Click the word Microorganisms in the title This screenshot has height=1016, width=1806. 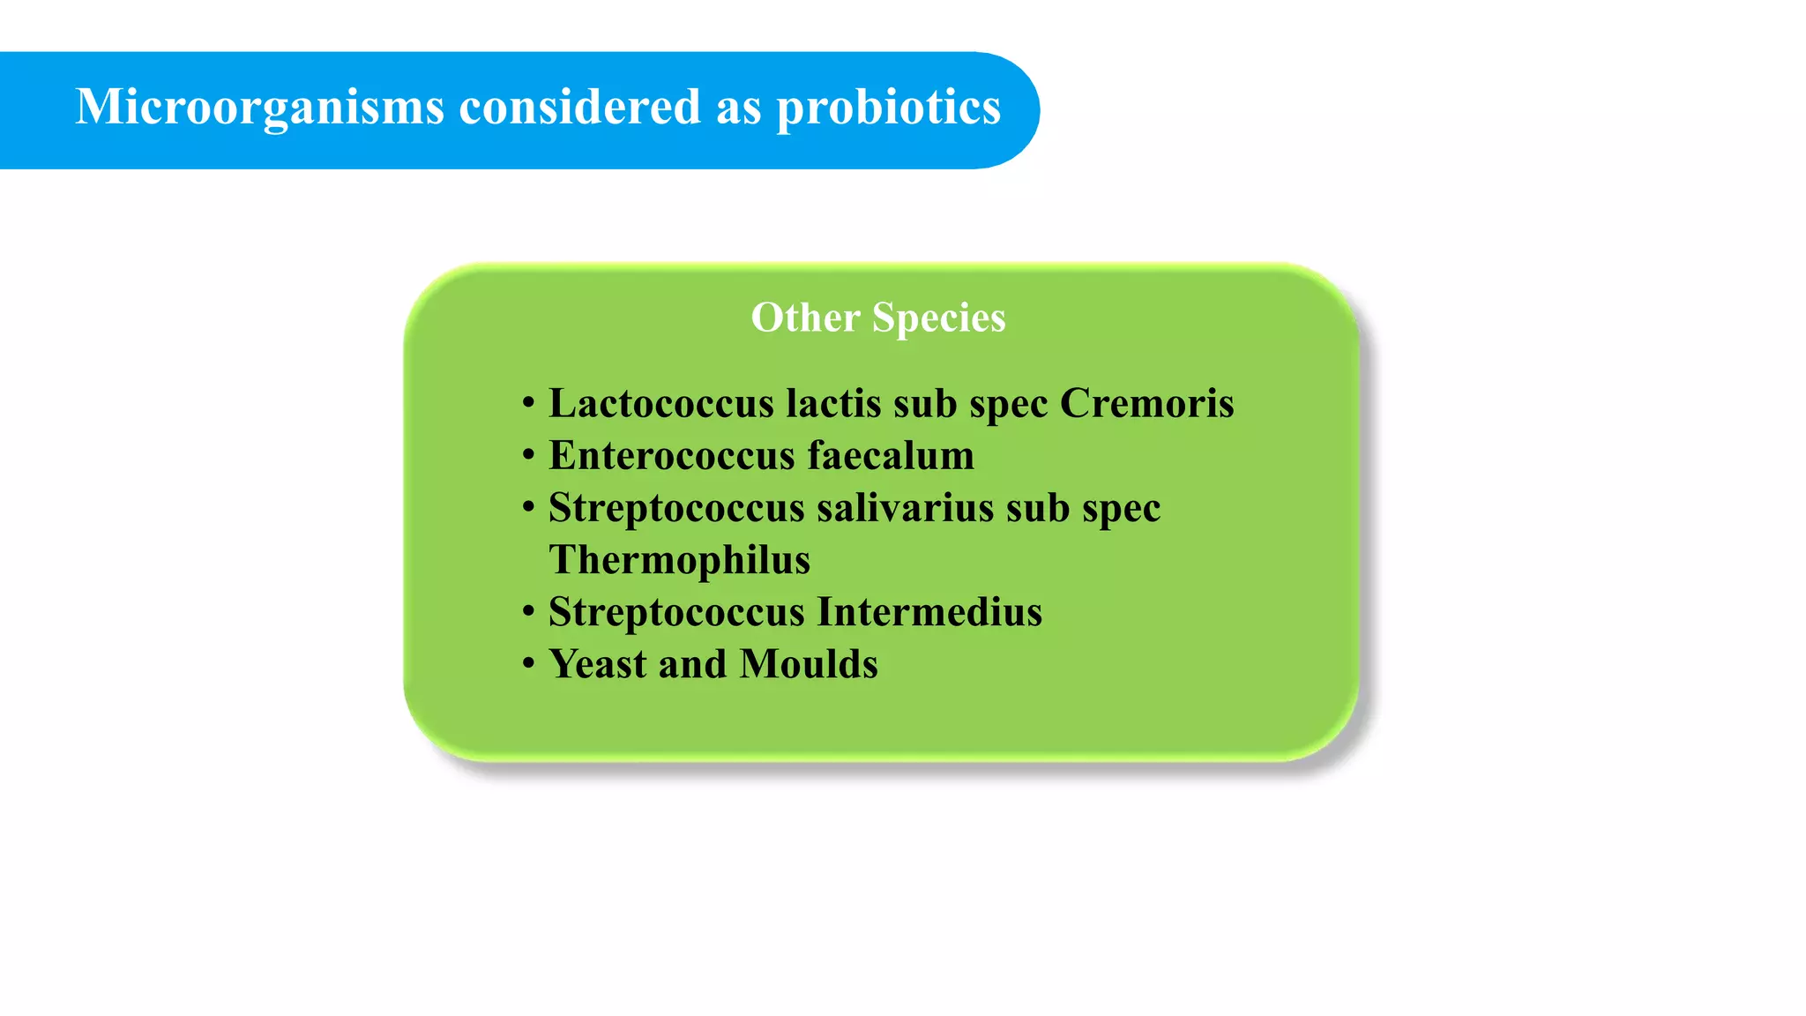pos(259,108)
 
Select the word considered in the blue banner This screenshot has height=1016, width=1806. pos(579,108)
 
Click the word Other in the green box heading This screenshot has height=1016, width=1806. pos(805,317)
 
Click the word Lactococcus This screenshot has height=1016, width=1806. pos(661,403)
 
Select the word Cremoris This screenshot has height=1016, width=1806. pos(1146,403)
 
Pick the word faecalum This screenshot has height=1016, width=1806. pos(891,456)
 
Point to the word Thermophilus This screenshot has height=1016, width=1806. pos(679,560)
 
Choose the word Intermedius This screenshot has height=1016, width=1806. pos(929,612)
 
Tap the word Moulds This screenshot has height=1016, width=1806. pos(809,664)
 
